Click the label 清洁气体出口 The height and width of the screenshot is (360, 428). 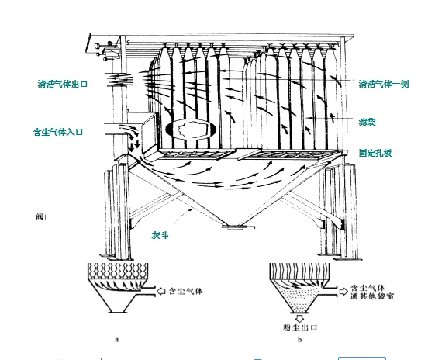pos(63,84)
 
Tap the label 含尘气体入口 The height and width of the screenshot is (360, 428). pos(58,132)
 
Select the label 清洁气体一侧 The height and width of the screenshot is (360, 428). pos(384,84)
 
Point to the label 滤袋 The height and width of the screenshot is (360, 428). pos(367,122)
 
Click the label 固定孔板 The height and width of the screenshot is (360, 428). pos(375,153)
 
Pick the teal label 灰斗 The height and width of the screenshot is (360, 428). pos(160,235)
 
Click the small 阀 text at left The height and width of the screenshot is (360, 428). pos(40,217)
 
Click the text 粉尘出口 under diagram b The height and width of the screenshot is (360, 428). pos(300,327)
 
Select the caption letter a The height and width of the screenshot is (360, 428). pos(117,340)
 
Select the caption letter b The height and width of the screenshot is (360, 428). pos(300,340)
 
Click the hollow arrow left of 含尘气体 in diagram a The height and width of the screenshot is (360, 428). pos(161,291)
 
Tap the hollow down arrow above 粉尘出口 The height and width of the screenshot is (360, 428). pos(300,318)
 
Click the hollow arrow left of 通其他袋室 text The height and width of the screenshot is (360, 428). pos(343,292)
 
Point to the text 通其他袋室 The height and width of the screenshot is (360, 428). pos(372,296)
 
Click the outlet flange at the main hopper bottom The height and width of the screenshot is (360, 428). pos(238,227)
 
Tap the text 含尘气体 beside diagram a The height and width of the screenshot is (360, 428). pos(185,292)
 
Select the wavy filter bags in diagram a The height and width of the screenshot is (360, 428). pos(118,271)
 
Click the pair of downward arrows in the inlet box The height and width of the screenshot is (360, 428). pos(134,146)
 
